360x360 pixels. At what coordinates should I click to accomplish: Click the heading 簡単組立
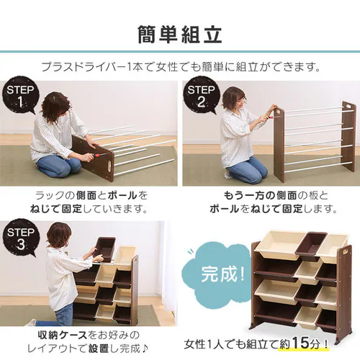pyautogui.click(x=179, y=34)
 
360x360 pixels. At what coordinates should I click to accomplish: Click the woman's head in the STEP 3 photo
pyautogui.click(x=58, y=237)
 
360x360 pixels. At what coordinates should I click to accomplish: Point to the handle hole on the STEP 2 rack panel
pyautogui.click(x=350, y=108)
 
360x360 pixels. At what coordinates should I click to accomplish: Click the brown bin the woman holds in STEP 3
pyautogui.click(x=105, y=248)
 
